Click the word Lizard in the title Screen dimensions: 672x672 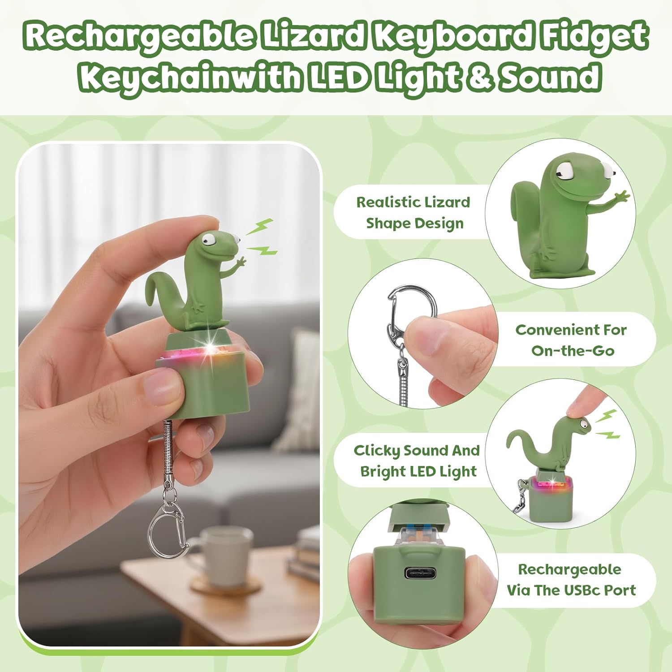pos(312,36)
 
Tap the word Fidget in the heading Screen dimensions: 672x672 pos(594,36)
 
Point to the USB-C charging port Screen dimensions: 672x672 pos(422,573)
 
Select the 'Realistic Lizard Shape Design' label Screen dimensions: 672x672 pos(413,212)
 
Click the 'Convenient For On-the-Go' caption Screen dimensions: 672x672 pos(571,340)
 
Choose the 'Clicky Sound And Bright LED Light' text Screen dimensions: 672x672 pos(417,461)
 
